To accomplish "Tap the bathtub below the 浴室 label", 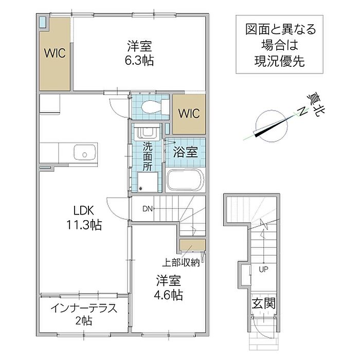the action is [185, 180].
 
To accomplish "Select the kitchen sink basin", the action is [84, 152].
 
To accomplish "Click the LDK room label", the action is [83, 210].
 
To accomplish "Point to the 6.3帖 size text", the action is [139, 60].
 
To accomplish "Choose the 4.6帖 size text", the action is [168, 295].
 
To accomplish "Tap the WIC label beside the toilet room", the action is [189, 114].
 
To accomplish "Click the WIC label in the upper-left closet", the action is [55, 53].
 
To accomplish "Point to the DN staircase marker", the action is [148, 209].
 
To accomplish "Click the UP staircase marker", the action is [263, 269].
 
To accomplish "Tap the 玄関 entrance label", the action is [263, 303].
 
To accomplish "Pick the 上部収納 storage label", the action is [181, 263].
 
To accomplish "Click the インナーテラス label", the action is [84, 308].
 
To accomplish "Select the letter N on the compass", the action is [303, 112].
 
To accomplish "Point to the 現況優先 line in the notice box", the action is [279, 61].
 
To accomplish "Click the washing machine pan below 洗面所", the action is [148, 182].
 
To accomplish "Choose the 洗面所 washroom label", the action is [148, 156].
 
